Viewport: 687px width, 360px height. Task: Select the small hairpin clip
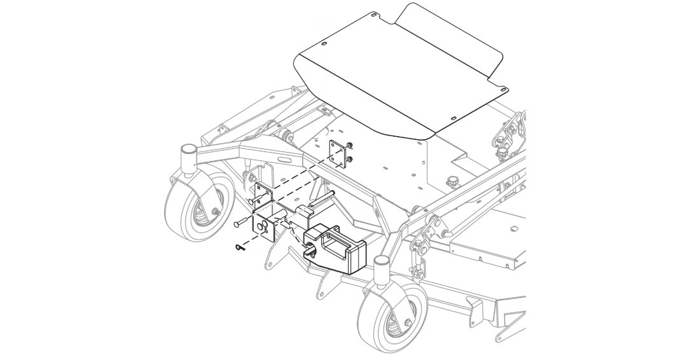pos(238,247)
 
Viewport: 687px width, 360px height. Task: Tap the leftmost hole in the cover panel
pos(324,43)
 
